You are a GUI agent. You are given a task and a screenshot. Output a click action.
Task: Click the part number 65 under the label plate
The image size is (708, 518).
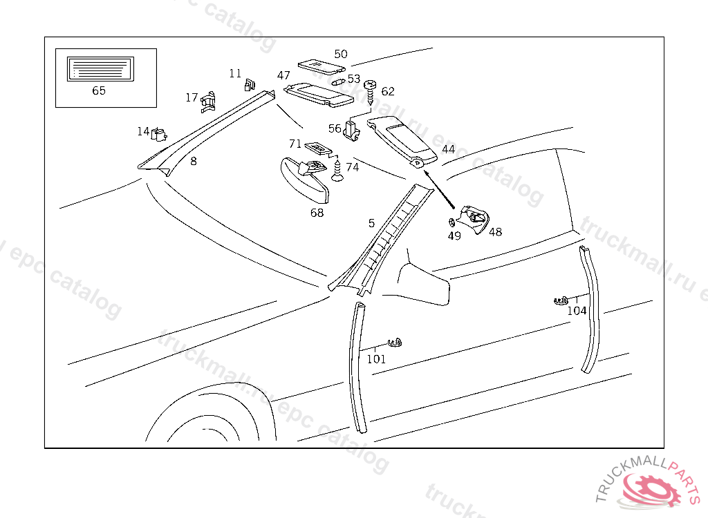coord(99,90)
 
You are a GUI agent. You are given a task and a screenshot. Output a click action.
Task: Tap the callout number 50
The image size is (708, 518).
coord(341,54)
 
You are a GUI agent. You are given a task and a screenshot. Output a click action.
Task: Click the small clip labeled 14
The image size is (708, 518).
coord(160,133)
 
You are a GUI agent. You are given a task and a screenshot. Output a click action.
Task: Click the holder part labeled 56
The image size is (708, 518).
coord(353,130)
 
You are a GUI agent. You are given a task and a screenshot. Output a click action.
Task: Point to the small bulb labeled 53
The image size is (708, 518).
coord(339,80)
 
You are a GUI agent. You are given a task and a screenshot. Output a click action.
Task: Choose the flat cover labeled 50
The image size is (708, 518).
coord(321,66)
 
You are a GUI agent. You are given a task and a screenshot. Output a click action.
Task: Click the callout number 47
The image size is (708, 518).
coord(283,75)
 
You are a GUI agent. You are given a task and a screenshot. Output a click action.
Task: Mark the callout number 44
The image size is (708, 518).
coord(448,149)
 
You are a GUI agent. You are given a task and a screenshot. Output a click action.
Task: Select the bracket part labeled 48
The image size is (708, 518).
coord(476,218)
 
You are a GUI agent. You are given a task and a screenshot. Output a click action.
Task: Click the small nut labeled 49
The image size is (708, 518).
coord(451,222)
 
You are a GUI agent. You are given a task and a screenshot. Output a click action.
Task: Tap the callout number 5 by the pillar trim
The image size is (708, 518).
coord(371,223)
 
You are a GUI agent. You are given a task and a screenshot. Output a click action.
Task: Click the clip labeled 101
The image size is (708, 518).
coord(395,342)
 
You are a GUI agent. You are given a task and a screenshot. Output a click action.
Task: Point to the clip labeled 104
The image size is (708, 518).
coord(561,300)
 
